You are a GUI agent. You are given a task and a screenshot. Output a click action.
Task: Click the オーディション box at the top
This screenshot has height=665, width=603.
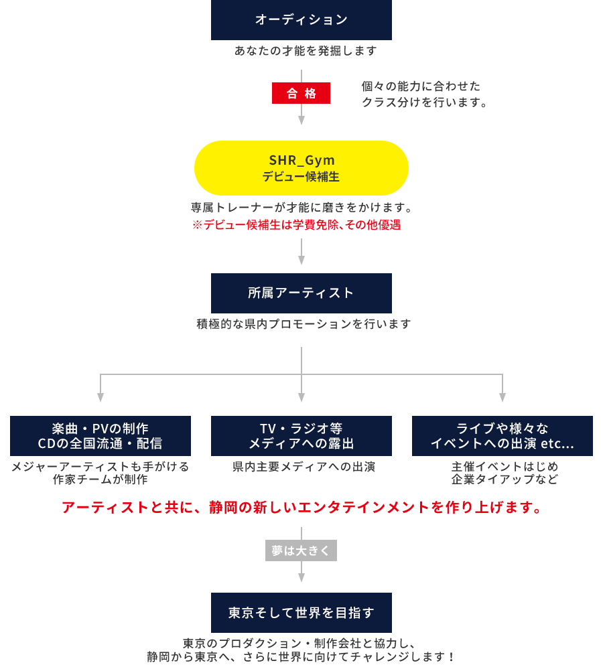(301, 20)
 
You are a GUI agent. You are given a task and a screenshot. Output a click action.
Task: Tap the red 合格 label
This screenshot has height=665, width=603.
(301, 93)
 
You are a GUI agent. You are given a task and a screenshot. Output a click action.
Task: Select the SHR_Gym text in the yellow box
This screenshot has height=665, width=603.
(301, 160)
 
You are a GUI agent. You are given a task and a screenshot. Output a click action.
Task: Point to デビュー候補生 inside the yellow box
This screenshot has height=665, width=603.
(301, 177)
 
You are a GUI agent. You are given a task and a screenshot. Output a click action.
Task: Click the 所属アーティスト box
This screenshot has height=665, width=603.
(301, 293)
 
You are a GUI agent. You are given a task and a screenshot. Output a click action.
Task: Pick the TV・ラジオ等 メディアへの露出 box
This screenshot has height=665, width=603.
(301, 435)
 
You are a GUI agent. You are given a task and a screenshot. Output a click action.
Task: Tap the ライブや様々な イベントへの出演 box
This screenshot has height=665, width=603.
(502, 435)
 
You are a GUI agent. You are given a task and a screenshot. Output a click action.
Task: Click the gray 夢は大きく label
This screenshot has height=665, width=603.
(301, 550)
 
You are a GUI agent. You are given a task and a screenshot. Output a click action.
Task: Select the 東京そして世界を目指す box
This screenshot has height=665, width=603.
(301, 612)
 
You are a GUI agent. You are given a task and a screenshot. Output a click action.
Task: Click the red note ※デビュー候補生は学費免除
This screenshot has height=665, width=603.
(296, 225)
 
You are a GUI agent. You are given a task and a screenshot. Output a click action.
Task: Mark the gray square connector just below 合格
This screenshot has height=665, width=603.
(301, 121)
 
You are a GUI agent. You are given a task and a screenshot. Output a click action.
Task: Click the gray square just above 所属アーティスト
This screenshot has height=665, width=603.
(301, 260)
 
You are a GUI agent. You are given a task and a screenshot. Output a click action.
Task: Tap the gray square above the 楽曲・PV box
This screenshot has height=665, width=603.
(100, 398)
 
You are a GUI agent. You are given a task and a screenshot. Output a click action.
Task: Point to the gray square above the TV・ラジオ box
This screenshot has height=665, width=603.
(301, 398)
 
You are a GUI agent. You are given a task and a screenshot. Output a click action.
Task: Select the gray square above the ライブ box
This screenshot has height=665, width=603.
(502, 398)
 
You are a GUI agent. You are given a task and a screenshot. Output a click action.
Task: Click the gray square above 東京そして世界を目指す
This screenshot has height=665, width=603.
(301, 577)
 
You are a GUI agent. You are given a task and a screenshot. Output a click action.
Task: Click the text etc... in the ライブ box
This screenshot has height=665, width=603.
(557, 443)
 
